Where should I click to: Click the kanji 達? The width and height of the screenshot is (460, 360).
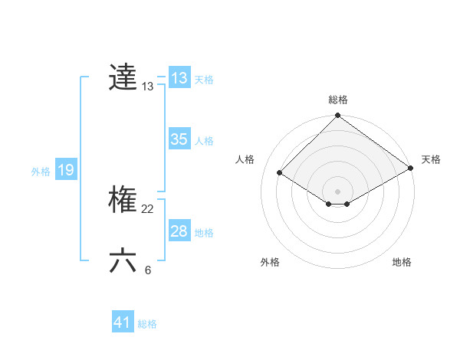click(123, 77)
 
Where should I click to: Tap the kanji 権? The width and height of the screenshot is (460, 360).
click(123, 201)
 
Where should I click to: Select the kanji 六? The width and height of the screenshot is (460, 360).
click(123, 260)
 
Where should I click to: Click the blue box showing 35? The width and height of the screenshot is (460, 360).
click(179, 139)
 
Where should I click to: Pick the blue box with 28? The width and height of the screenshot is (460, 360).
click(179, 231)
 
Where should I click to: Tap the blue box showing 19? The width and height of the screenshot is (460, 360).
click(66, 170)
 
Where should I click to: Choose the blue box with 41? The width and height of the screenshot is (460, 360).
click(123, 322)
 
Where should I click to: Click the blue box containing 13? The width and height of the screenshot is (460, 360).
click(179, 78)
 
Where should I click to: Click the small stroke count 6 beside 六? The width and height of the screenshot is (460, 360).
click(148, 270)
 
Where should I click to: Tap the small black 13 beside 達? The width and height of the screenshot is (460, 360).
click(148, 87)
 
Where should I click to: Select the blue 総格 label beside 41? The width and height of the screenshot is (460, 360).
click(147, 324)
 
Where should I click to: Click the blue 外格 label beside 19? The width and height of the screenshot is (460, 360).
click(41, 172)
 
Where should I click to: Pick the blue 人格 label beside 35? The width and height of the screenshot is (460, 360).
click(204, 141)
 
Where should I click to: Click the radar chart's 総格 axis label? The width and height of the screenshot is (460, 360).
click(338, 100)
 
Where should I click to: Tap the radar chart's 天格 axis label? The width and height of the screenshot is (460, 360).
click(431, 159)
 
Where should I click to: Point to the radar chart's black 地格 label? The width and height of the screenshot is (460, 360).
click(402, 262)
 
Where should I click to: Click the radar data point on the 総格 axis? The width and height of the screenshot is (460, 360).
click(338, 116)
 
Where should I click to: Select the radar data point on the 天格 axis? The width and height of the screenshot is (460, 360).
click(411, 169)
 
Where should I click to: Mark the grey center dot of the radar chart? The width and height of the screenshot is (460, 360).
click(337, 191)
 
